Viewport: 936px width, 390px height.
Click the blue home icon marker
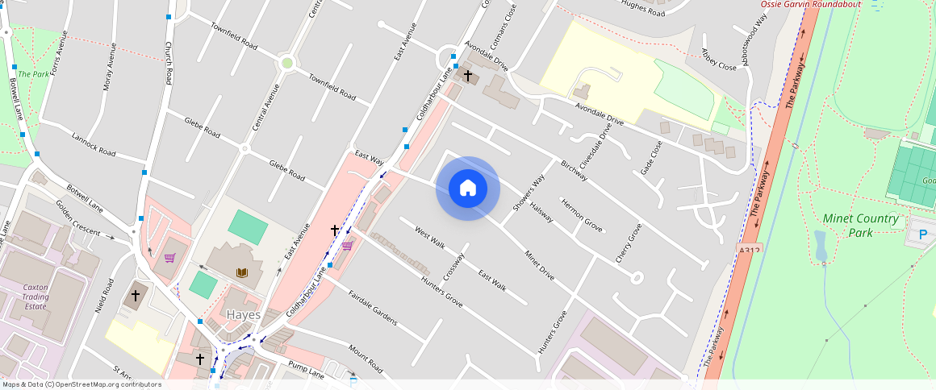tap(468, 189)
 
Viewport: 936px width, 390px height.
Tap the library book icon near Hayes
tap(242, 272)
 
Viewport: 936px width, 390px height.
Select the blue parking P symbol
tap(923, 234)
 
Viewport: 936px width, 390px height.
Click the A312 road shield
tap(750, 251)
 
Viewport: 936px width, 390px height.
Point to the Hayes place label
tap(243, 315)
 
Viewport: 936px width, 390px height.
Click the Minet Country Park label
tap(861, 226)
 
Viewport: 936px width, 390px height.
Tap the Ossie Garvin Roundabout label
tap(811, 5)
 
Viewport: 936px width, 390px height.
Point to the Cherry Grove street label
tap(629, 243)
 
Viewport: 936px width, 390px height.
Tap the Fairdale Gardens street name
tap(373, 307)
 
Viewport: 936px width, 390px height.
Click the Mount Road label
tap(366, 359)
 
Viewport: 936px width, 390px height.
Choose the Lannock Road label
tap(93, 145)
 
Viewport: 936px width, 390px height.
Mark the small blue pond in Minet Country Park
tap(821, 246)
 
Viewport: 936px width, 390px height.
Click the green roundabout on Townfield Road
tap(286, 63)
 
